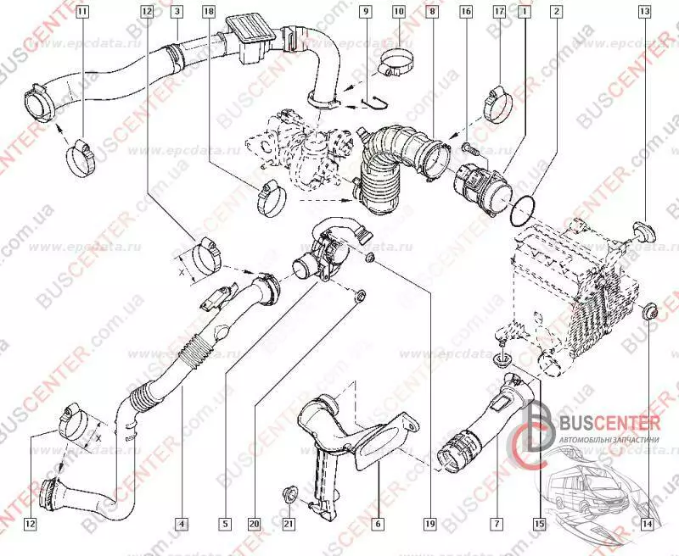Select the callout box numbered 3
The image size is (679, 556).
click(176, 12)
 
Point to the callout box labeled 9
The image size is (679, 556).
click(364, 12)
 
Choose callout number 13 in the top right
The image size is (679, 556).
click(644, 12)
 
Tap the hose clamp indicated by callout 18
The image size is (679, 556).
click(271, 197)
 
